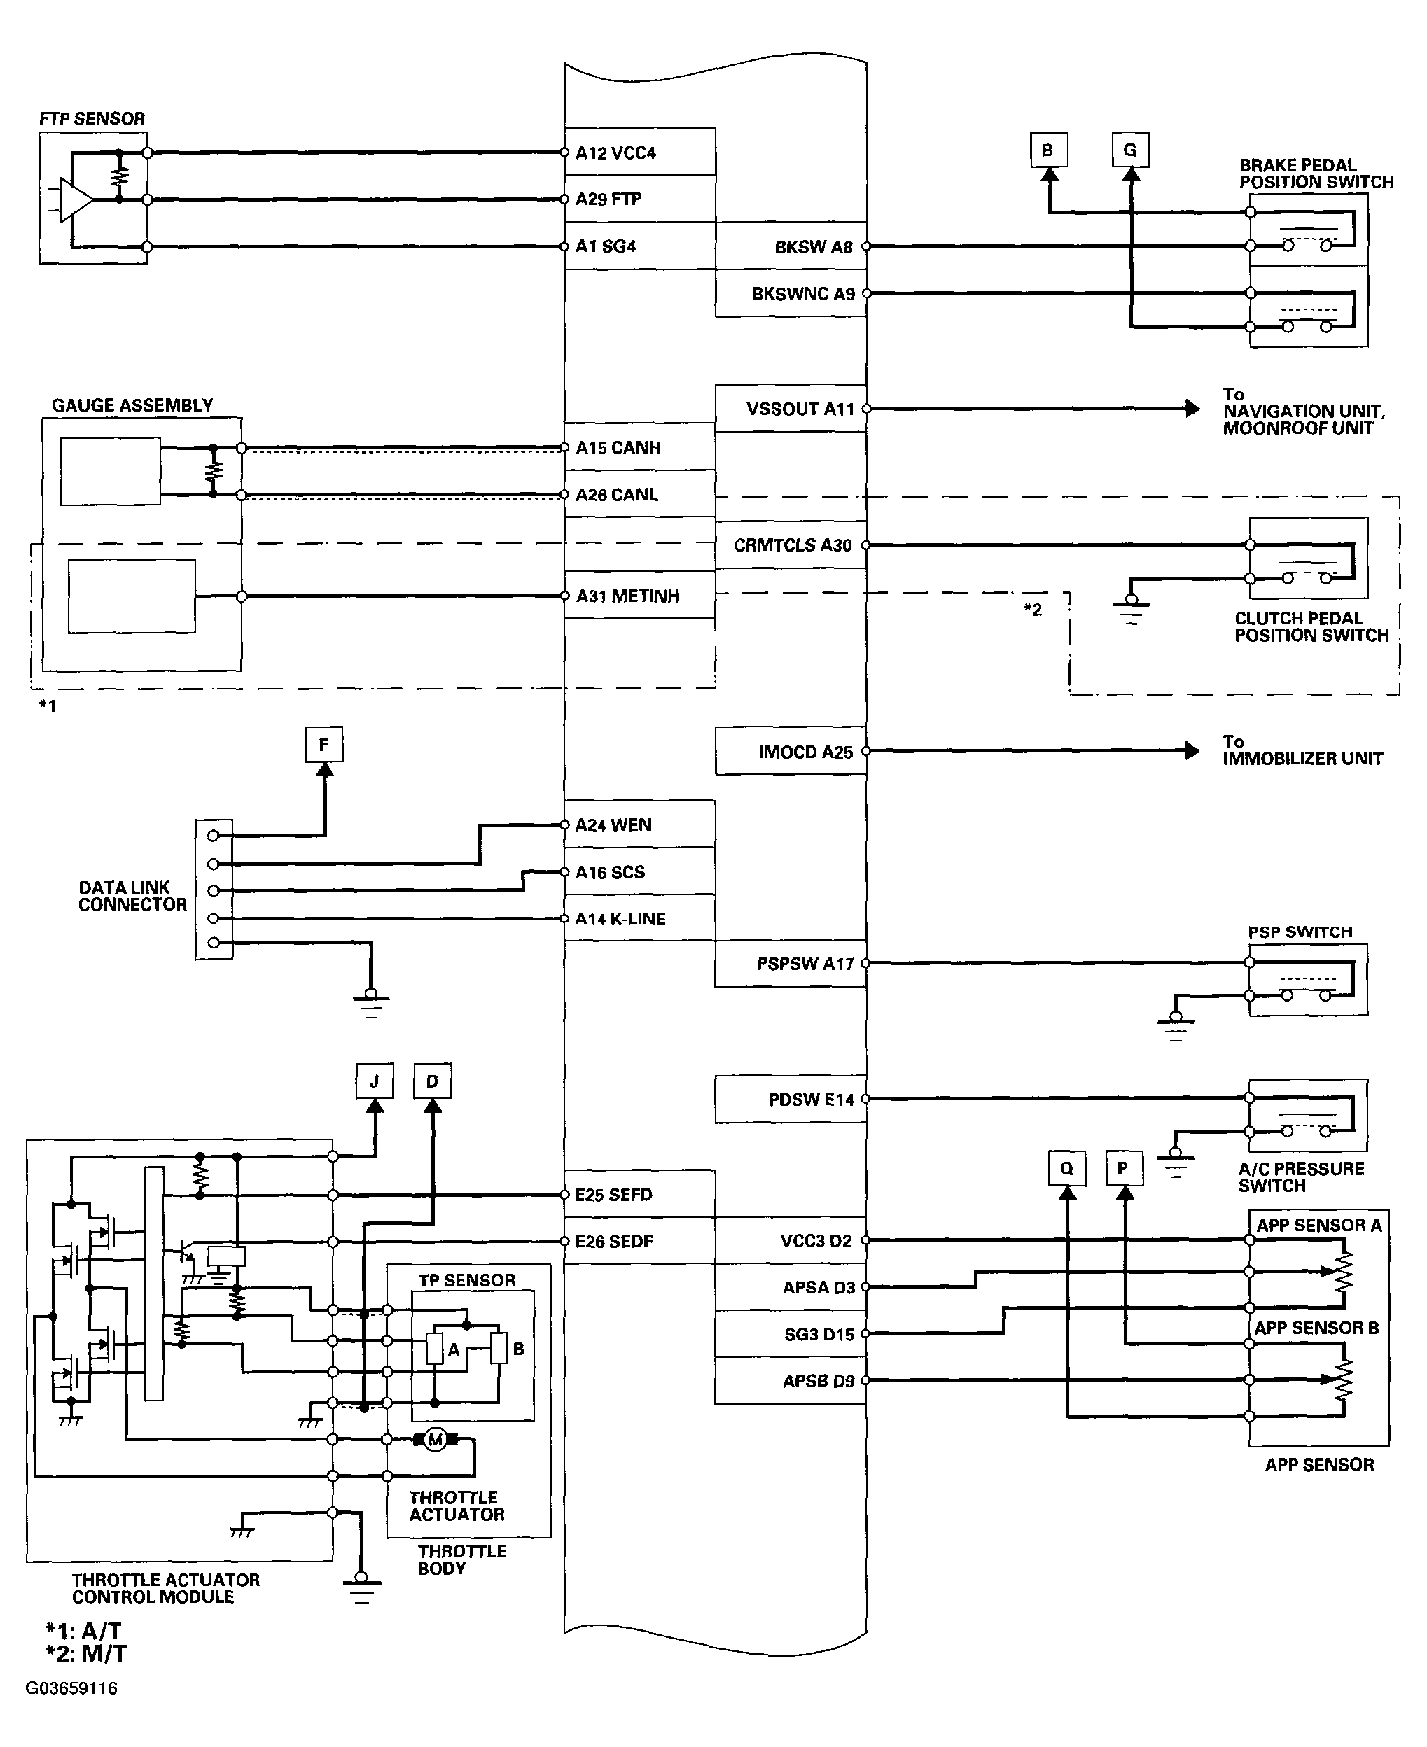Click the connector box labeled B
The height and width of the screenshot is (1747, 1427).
coord(1048,150)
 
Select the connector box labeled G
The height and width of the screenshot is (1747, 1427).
coord(1130,150)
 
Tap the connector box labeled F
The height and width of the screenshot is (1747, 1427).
coord(324,745)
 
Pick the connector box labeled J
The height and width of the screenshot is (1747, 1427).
coord(375,1081)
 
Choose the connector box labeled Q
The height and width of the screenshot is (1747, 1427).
coord(1067,1168)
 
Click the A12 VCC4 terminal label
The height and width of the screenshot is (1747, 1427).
coord(615,153)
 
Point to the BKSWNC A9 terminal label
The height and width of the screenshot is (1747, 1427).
coord(803,294)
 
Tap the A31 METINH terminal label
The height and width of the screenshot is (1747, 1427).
coord(628,596)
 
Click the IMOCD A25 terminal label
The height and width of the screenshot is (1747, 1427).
coord(805,752)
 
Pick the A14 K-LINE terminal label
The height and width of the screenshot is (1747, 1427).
coord(620,919)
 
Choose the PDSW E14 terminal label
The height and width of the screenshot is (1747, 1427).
coord(812,1100)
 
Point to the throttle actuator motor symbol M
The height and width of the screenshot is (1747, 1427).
coord(436,1439)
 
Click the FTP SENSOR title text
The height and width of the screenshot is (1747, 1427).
coord(92,118)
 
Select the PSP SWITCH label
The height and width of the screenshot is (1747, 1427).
coord(1300,932)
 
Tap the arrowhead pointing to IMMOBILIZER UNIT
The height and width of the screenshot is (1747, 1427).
coord(1192,750)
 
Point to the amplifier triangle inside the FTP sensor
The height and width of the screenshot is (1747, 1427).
coord(76,199)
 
